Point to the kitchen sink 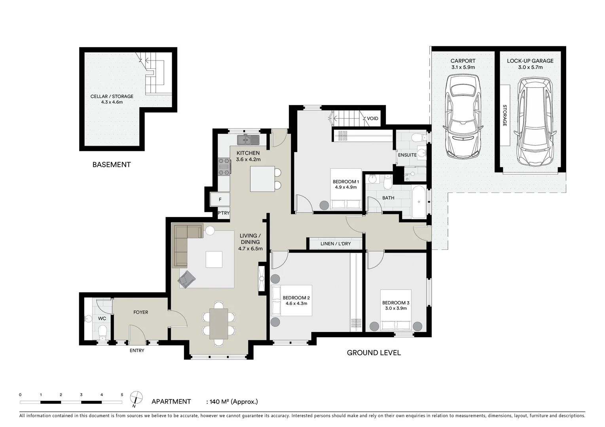(248, 140)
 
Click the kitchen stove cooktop (224, 166)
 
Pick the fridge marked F (220, 200)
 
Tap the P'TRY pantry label (224, 213)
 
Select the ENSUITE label (407, 155)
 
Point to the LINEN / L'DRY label (336, 244)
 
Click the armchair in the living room (187, 279)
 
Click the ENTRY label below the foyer (137, 351)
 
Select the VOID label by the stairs (372, 119)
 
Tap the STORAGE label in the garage (505, 115)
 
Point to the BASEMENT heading (112, 164)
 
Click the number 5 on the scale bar (122, 395)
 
